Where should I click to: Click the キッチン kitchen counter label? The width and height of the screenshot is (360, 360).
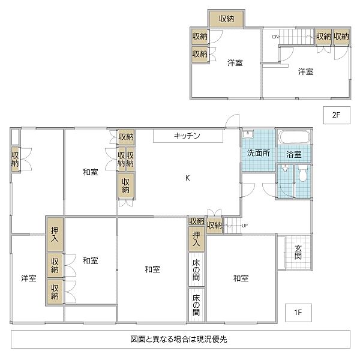pyautogui.click(x=187, y=136)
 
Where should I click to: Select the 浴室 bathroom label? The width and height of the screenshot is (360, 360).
pyautogui.click(x=294, y=155)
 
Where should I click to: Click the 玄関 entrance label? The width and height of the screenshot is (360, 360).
pyautogui.click(x=298, y=252)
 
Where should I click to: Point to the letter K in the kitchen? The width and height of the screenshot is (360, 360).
pyautogui.click(x=187, y=178)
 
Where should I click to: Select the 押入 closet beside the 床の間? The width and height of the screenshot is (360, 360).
pyautogui.click(x=196, y=240)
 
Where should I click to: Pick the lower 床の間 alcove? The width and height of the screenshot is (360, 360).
pyautogui.click(x=196, y=305)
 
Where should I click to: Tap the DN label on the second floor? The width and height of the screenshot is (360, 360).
pyautogui.click(x=275, y=37)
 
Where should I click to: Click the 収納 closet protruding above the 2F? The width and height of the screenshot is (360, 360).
pyautogui.click(x=226, y=19)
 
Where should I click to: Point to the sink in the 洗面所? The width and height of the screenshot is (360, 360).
pyautogui.click(x=249, y=134)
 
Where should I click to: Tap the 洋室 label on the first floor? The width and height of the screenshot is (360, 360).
pyautogui.click(x=28, y=278)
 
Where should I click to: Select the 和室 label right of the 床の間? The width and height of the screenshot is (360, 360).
pyautogui.click(x=241, y=278)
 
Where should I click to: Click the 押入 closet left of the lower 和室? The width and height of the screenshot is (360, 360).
pyautogui.click(x=55, y=234)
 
